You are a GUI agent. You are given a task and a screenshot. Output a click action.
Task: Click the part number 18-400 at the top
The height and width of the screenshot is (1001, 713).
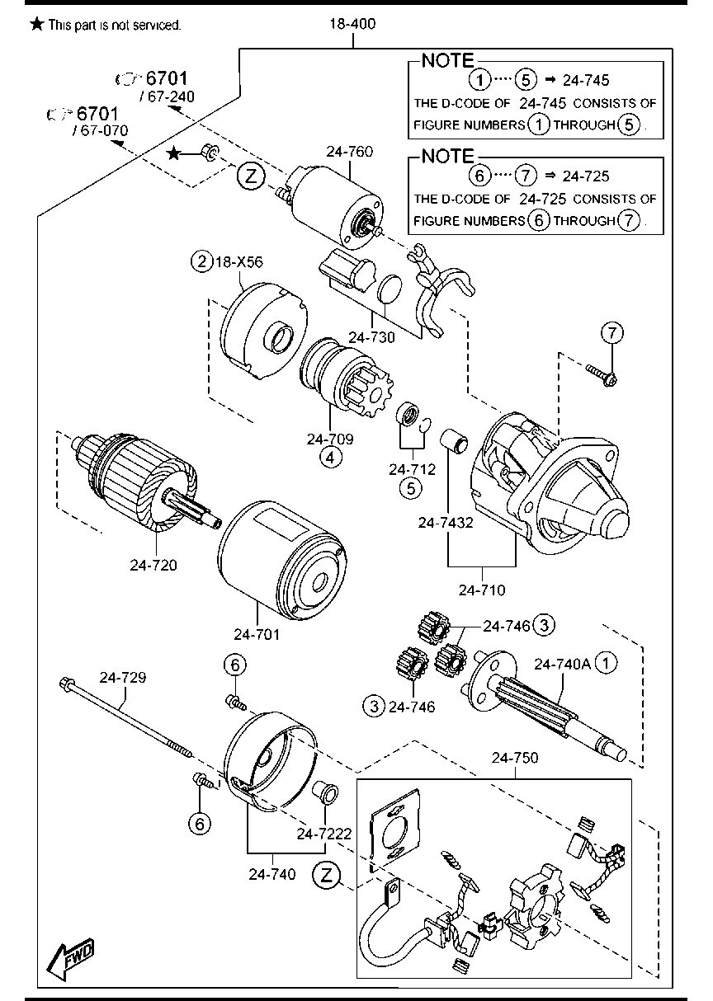point(353,24)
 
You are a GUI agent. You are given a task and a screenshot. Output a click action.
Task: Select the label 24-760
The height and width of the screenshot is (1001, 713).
point(349,152)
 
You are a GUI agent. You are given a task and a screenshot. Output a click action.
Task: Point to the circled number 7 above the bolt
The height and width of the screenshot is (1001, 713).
point(611,333)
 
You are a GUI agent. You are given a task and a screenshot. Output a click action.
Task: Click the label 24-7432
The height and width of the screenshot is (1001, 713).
point(446,522)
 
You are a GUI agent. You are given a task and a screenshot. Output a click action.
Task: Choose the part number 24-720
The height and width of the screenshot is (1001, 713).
point(153,565)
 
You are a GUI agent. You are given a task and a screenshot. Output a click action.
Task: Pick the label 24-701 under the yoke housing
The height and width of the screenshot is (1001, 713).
point(257,634)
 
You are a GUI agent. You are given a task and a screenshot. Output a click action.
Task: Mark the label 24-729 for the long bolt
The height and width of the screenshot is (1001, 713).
point(123,678)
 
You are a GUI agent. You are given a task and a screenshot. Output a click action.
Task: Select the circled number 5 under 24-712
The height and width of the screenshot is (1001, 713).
point(410,488)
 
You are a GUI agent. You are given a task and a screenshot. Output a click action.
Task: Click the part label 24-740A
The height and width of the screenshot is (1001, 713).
point(563,663)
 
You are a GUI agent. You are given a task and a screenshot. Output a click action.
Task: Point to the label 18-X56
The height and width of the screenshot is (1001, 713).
point(240,262)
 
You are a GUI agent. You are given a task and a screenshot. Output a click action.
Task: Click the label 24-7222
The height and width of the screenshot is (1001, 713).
point(326,834)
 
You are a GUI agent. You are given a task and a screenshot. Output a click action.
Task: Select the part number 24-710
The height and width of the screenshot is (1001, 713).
point(482,590)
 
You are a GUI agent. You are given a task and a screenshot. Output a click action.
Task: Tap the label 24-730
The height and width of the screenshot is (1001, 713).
point(373,336)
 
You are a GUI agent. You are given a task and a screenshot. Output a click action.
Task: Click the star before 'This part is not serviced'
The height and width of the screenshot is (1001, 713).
point(36,25)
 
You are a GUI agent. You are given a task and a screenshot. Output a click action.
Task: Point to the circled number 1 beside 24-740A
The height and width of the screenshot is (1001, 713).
point(607,663)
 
